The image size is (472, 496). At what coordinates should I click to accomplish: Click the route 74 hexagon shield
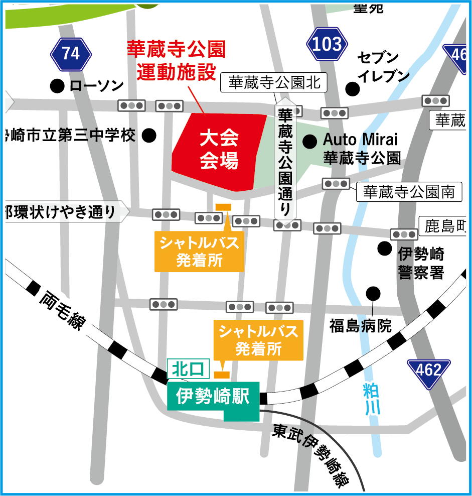tap(71, 53)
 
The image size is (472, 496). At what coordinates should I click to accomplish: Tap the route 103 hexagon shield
tap(327, 45)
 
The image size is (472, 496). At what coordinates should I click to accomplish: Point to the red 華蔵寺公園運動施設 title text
tap(176, 61)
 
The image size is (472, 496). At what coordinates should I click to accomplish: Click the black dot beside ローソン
tap(58, 86)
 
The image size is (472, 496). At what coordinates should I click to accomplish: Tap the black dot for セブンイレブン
tap(354, 89)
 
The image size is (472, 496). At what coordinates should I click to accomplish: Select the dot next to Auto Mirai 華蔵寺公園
tap(309, 141)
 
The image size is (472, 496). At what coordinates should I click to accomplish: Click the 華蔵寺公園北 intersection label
tap(274, 83)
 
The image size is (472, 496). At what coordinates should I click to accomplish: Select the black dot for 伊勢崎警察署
tap(385, 247)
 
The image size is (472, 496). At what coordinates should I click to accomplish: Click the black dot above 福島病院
tap(373, 293)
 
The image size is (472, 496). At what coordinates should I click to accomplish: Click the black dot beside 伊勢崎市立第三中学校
tap(149, 135)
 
